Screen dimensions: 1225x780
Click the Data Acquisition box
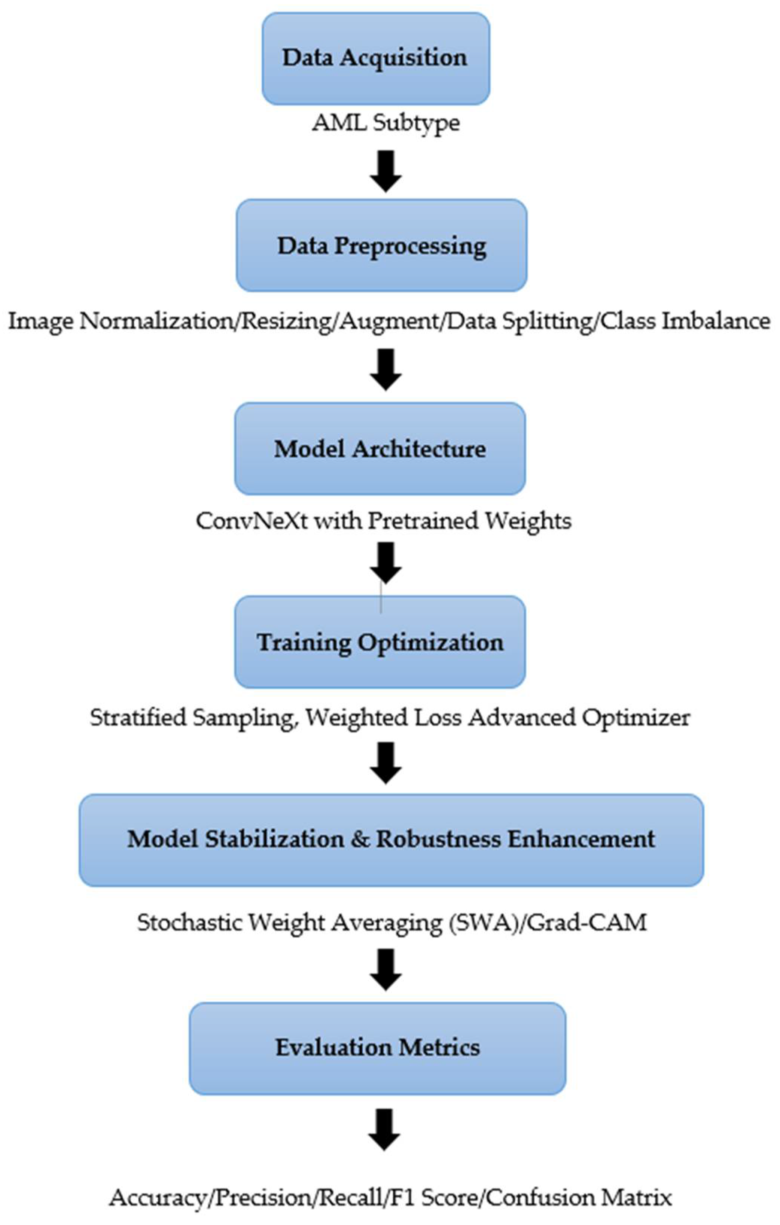pyautogui.click(x=375, y=58)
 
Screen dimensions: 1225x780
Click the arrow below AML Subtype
pyautogui.click(x=386, y=171)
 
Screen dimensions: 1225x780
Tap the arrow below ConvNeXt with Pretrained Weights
pyautogui.click(x=386, y=562)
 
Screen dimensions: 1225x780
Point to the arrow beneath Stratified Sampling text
pyautogui.click(x=386, y=762)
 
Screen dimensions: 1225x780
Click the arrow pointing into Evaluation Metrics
pyautogui.click(x=386, y=970)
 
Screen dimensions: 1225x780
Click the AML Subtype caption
pyautogui.click(x=386, y=123)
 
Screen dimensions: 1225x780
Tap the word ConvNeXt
pyautogui.click(x=252, y=520)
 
